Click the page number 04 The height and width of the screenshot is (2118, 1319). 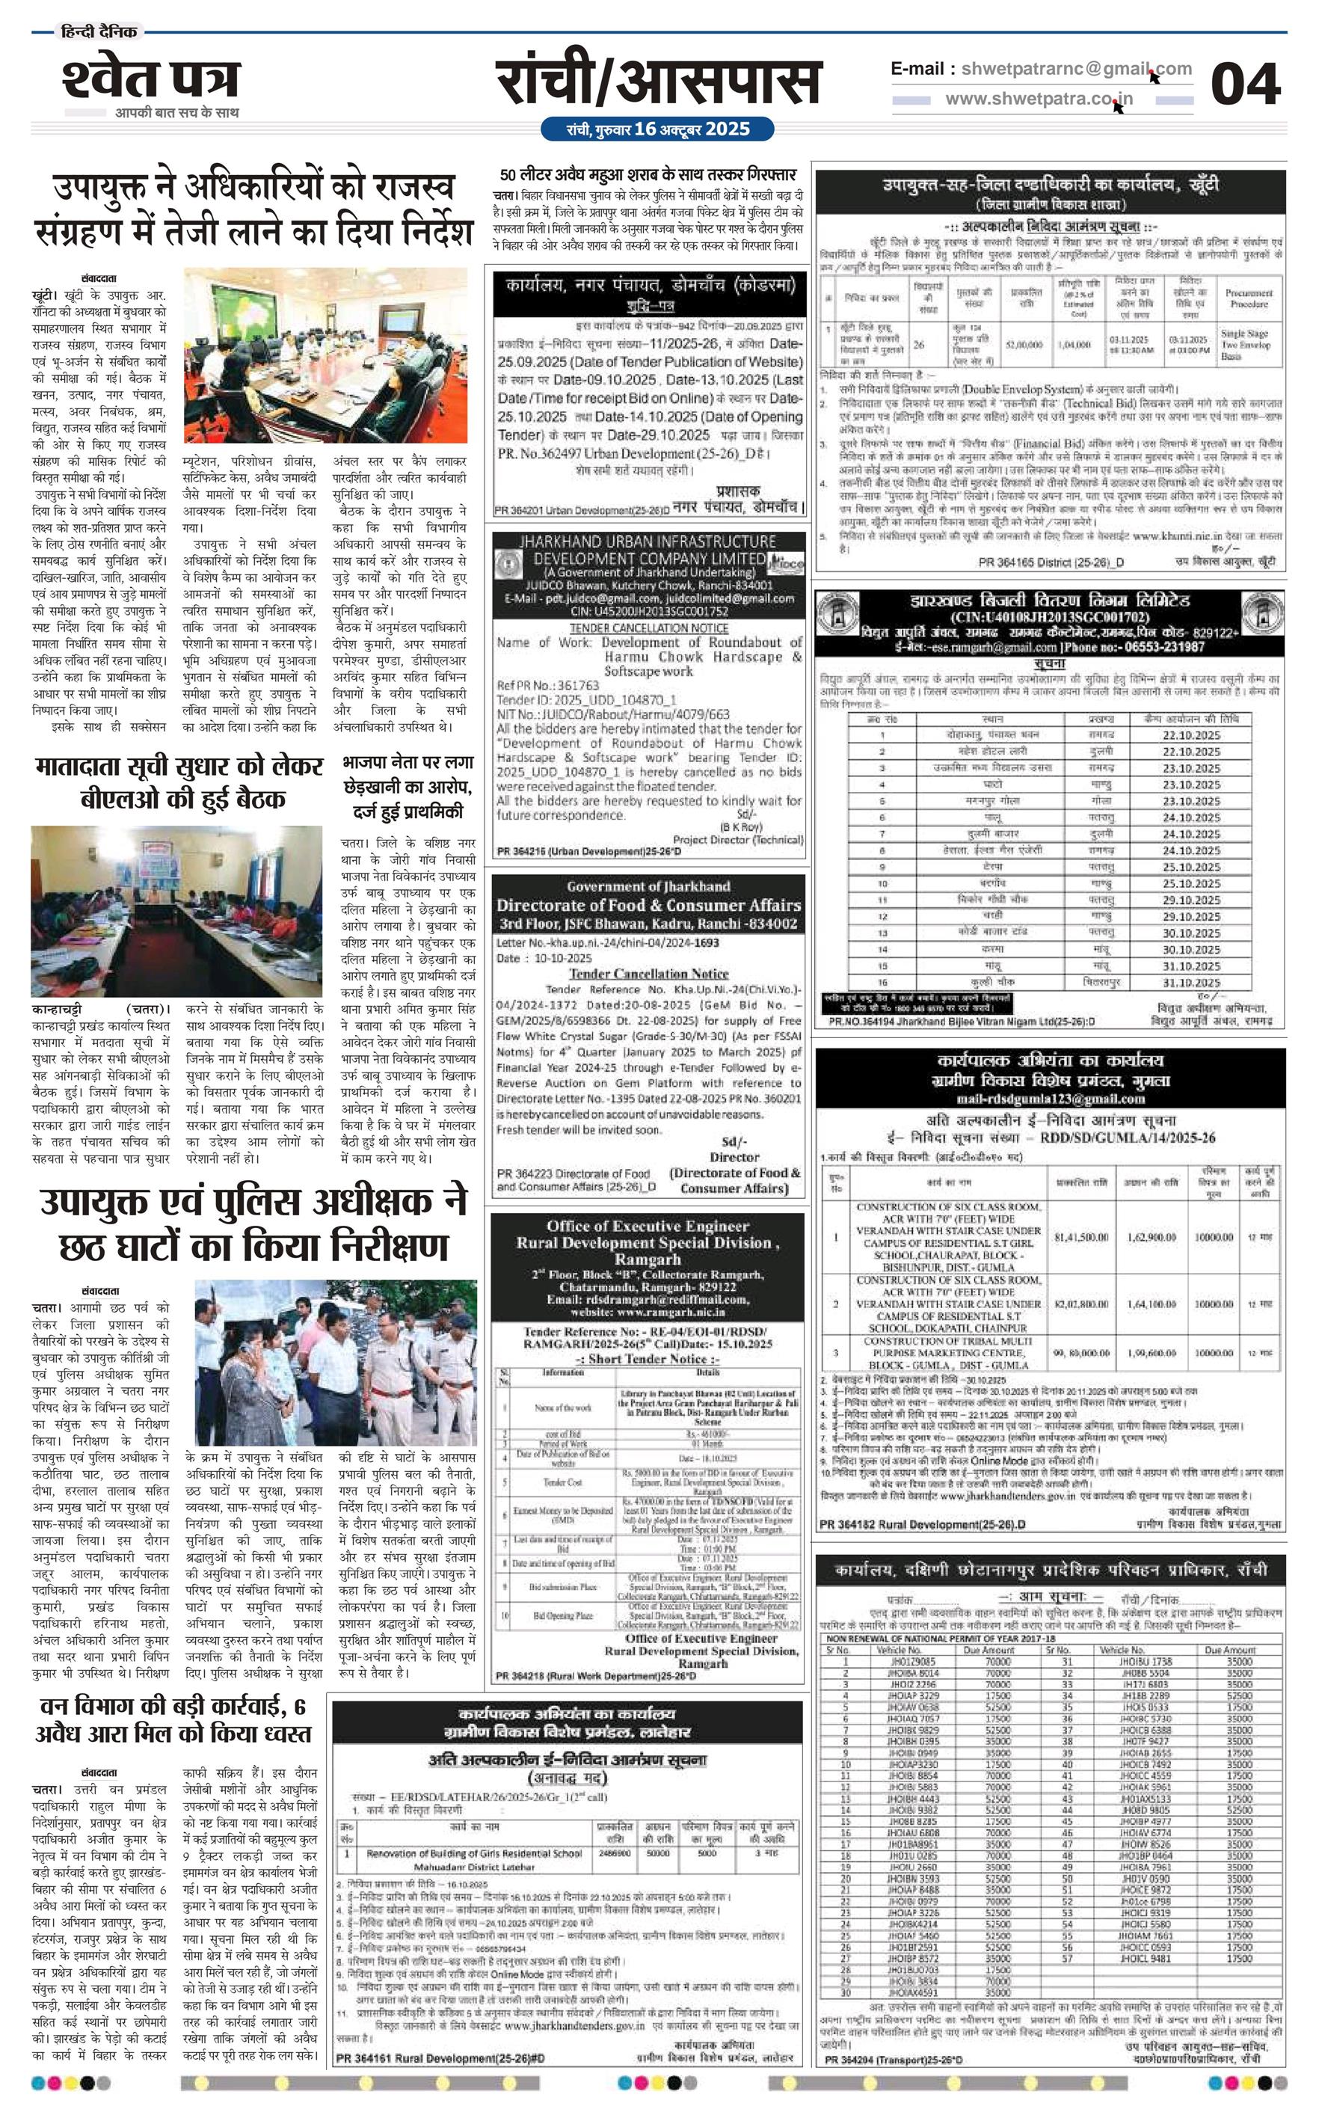1245,85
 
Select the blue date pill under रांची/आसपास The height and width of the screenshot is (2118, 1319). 657,129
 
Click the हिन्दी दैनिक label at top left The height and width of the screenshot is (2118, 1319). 99,32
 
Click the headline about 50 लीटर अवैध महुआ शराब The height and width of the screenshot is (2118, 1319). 648,174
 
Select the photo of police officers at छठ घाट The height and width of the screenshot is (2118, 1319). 336,1363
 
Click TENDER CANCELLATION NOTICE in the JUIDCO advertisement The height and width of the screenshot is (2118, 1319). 648,628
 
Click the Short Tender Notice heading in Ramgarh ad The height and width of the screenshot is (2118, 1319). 648,1359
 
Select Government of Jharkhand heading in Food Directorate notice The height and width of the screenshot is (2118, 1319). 648,886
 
